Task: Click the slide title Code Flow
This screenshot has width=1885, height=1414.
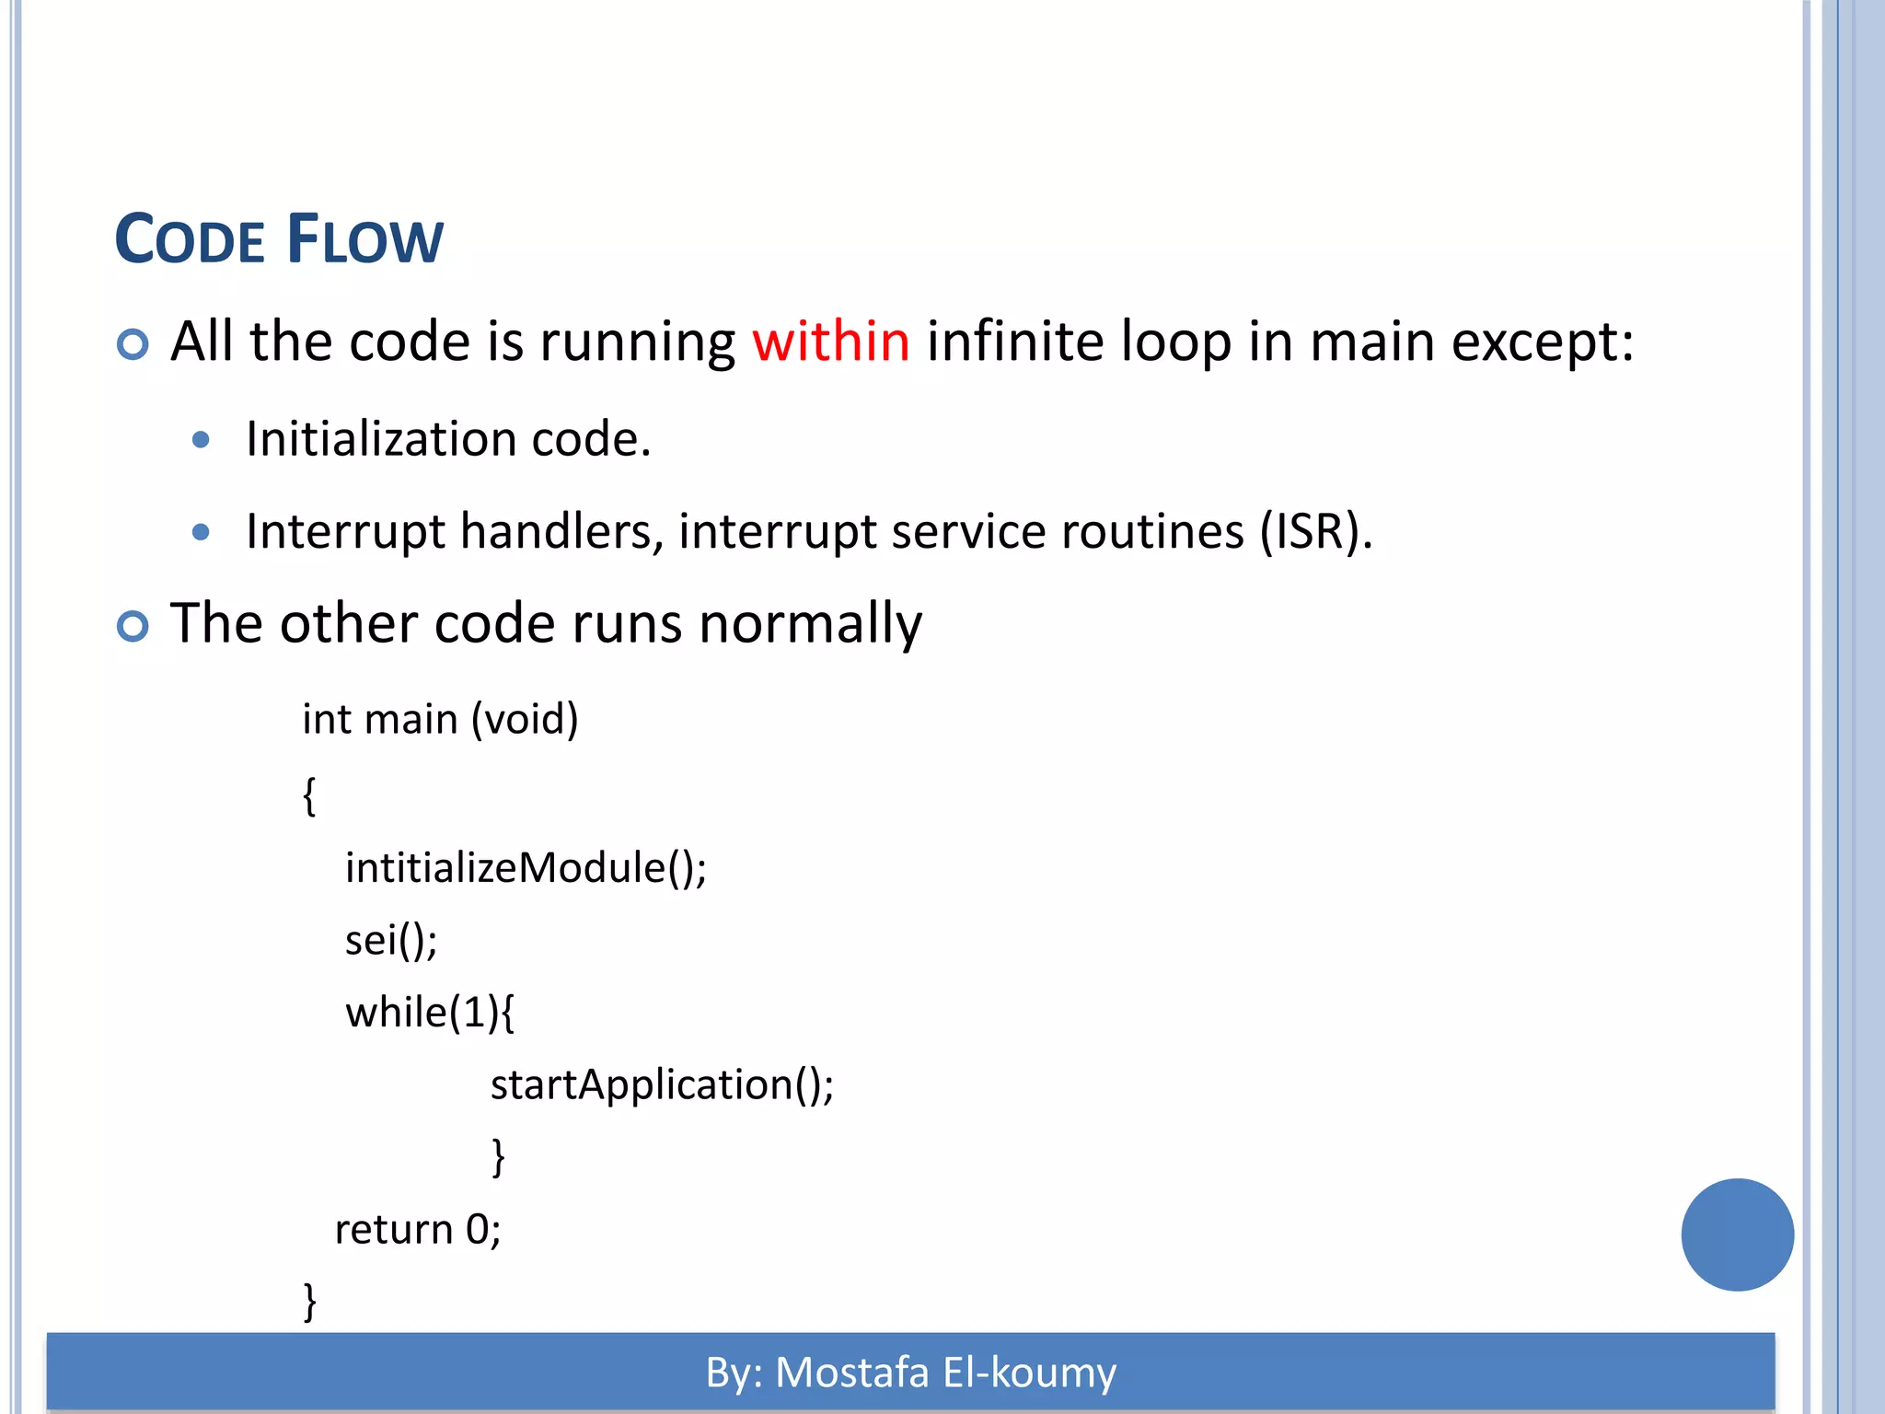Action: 279,240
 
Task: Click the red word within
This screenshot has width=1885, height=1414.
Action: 831,342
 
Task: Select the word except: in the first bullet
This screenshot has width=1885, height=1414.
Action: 1543,342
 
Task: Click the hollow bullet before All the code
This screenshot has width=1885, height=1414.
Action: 133,345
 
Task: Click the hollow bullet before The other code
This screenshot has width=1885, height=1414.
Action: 133,627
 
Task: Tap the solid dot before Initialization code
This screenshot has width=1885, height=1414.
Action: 201,440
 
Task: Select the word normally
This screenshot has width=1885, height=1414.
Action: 810,624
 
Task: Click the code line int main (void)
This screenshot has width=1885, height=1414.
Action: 440,719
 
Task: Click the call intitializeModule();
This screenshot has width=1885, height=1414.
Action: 526,868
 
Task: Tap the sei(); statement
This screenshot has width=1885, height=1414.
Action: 391,941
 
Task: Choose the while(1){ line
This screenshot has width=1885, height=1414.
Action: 430,1013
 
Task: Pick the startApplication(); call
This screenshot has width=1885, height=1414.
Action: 662,1085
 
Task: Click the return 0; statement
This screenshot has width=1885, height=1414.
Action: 417,1230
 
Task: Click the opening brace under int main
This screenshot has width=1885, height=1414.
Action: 310,795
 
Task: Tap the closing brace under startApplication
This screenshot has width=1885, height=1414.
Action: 498,1157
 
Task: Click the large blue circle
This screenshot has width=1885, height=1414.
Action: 1737,1234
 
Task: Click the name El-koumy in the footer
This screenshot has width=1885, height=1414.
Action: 1029,1373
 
